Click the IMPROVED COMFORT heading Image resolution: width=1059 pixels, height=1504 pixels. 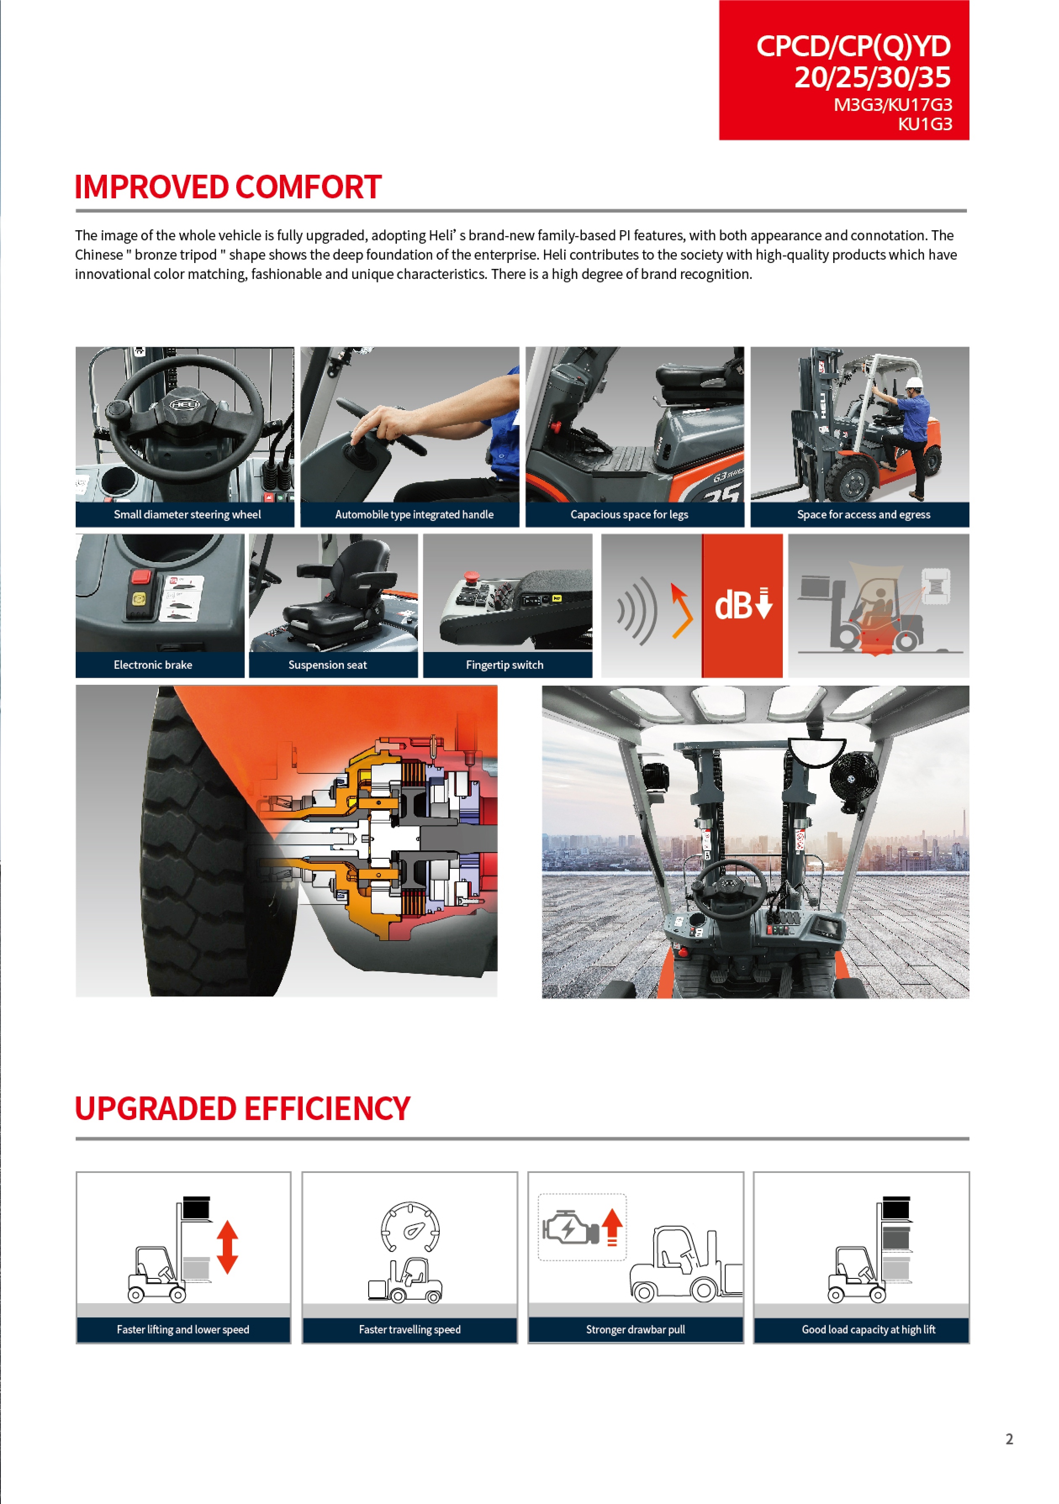(x=227, y=187)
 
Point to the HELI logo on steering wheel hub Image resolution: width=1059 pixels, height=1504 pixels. (x=185, y=404)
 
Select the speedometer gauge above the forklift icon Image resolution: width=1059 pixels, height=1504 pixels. (x=410, y=1227)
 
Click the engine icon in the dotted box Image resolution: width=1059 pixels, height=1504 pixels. (x=569, y=1228)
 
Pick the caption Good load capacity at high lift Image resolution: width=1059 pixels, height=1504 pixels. (x=868, y=1329)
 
